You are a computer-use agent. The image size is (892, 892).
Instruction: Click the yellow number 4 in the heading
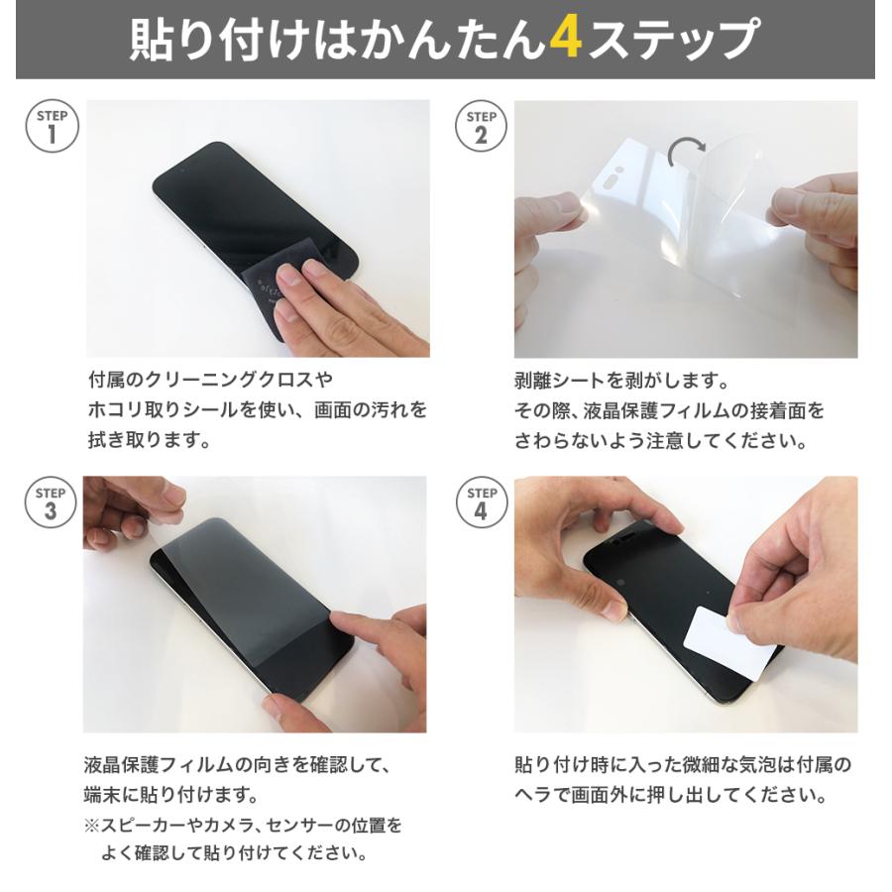click(x=563, y=40)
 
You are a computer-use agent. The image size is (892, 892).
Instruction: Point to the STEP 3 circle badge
click(x=52, y=502)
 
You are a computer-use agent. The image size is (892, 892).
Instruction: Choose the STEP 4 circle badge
click(x=482, y=502)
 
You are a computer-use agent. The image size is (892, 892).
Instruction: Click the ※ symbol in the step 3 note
click(x=91, y=825)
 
